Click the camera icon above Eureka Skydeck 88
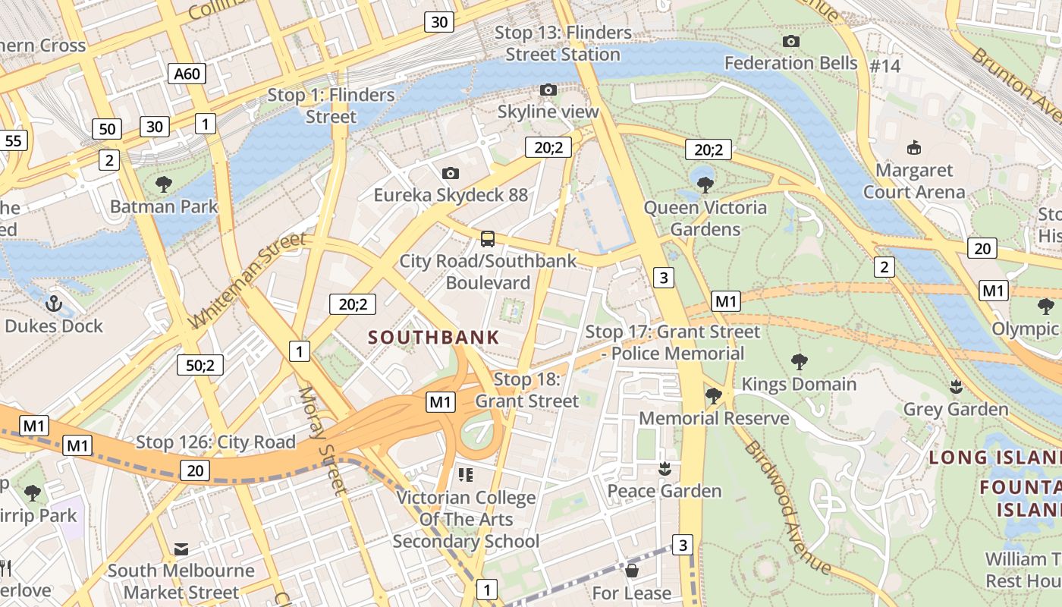tap(450, 174)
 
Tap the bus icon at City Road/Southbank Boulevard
tap(488, 239)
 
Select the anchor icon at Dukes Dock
tap(54, 304)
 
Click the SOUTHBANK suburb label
tap(434, 338)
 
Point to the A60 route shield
tap(187, 74)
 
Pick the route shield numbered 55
tap(13, 140)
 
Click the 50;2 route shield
tap(200, 365)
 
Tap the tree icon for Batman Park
tap(163, 184)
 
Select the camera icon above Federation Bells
tap(790, 41)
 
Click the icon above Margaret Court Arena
tap(913, 147)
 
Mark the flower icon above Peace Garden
tap(665, 469)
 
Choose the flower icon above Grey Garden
tap(956, 387)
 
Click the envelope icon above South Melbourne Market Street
tap(181, 549)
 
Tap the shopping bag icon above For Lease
tap(631, 571)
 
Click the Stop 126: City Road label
tap(215, 442)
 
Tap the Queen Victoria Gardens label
tap(705, 219)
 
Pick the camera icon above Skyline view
tap(548, 90)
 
